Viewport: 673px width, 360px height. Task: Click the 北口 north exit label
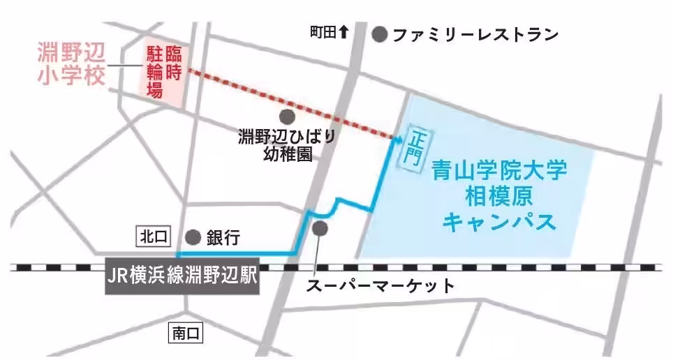(x=153, y=237)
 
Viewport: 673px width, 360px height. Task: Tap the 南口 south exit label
(x=186, y=333)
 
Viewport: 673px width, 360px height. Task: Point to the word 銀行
(x=223, y=238)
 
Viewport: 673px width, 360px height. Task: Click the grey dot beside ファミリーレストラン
(x=380, y=33)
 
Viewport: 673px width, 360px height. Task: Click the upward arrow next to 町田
(x=343, y=31)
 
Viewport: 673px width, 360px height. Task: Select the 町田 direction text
(x=323, y=32)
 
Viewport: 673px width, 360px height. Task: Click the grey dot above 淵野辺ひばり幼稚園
(x=286, y=117)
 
